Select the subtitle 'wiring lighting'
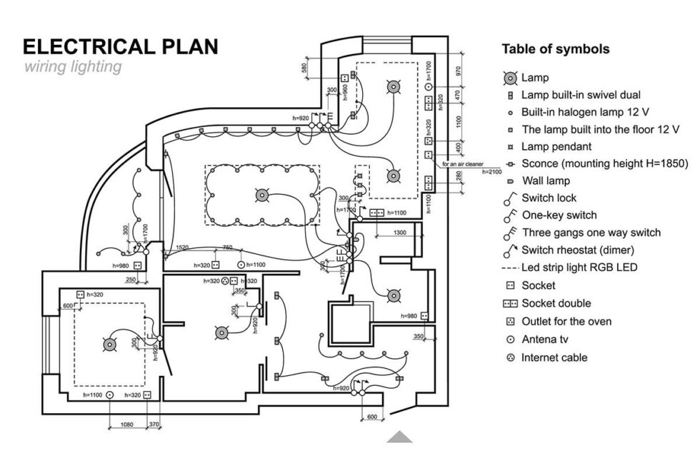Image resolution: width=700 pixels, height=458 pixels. [72, 68]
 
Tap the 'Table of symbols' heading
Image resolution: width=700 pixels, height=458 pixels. [555, 49]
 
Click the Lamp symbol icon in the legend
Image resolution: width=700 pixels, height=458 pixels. [509, 77]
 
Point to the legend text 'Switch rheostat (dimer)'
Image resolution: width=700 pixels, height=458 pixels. [578, 250]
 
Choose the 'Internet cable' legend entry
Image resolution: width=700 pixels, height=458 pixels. [554, 357]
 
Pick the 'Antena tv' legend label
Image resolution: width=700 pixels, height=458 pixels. [544, 340]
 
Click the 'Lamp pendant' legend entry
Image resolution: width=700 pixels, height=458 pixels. [556, 146]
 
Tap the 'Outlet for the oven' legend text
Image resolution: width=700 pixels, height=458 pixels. [566, 321]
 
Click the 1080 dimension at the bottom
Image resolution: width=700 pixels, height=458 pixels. [126, 424]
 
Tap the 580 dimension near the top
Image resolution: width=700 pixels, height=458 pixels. [304, 68]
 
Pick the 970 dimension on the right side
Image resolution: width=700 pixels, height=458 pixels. [459, 71]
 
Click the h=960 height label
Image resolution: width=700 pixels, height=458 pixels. [345, 93]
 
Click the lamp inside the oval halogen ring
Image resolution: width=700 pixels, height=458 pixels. [262, 195]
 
